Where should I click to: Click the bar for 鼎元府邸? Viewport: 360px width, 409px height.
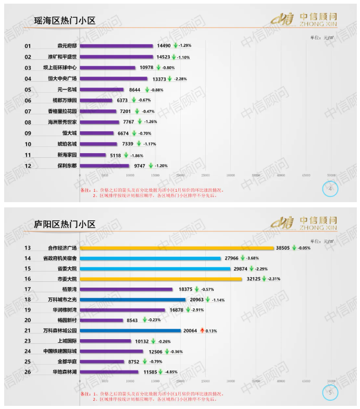pos(116,46)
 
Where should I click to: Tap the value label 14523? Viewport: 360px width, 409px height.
pos(164,57)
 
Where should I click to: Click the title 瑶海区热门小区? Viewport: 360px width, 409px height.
pos(65,21)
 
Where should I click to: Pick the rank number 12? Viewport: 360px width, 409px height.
pos(28,166)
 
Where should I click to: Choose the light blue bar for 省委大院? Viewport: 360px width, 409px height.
pos(155,269)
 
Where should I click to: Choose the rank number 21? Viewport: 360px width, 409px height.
pos(28,330)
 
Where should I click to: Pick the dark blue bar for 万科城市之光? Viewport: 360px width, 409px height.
pos(132,300)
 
